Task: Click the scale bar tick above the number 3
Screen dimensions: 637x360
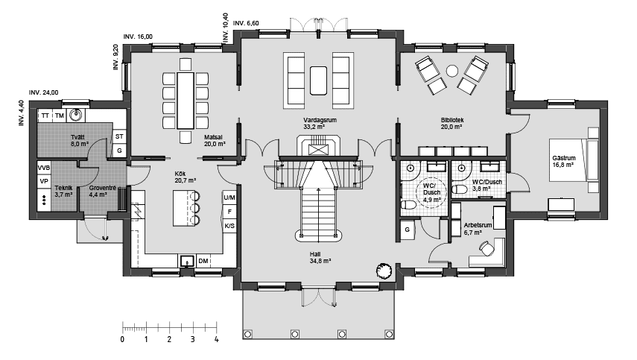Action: (193, 326)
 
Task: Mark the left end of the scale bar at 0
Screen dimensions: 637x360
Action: (123, 328)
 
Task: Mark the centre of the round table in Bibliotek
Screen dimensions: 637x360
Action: (452, 71)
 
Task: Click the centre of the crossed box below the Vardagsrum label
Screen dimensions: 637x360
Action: (317, 150)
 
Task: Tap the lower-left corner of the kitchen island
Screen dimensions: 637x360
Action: (173, 226)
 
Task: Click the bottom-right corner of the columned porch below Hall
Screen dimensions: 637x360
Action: (394, 339)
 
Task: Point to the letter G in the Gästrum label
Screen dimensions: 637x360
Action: (554, 158)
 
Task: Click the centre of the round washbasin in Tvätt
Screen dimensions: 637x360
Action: (75, 115)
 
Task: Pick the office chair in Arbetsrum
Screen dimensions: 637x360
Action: (487, 248)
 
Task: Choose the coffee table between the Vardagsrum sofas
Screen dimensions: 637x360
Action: (318, 80)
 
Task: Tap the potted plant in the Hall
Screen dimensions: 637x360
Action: (384, 270)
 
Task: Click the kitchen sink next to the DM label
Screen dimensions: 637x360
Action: (187, 261)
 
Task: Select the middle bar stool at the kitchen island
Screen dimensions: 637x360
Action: (194, 209)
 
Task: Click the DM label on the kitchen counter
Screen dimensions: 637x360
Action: (203, 261)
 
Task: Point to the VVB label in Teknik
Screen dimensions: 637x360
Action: (44, 168)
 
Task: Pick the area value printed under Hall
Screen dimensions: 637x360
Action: (320, 261)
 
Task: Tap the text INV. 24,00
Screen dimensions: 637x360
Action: (43, 92)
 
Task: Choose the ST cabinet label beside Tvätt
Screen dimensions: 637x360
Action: (119, 136)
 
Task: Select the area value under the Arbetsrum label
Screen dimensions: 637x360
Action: (472, 233)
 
